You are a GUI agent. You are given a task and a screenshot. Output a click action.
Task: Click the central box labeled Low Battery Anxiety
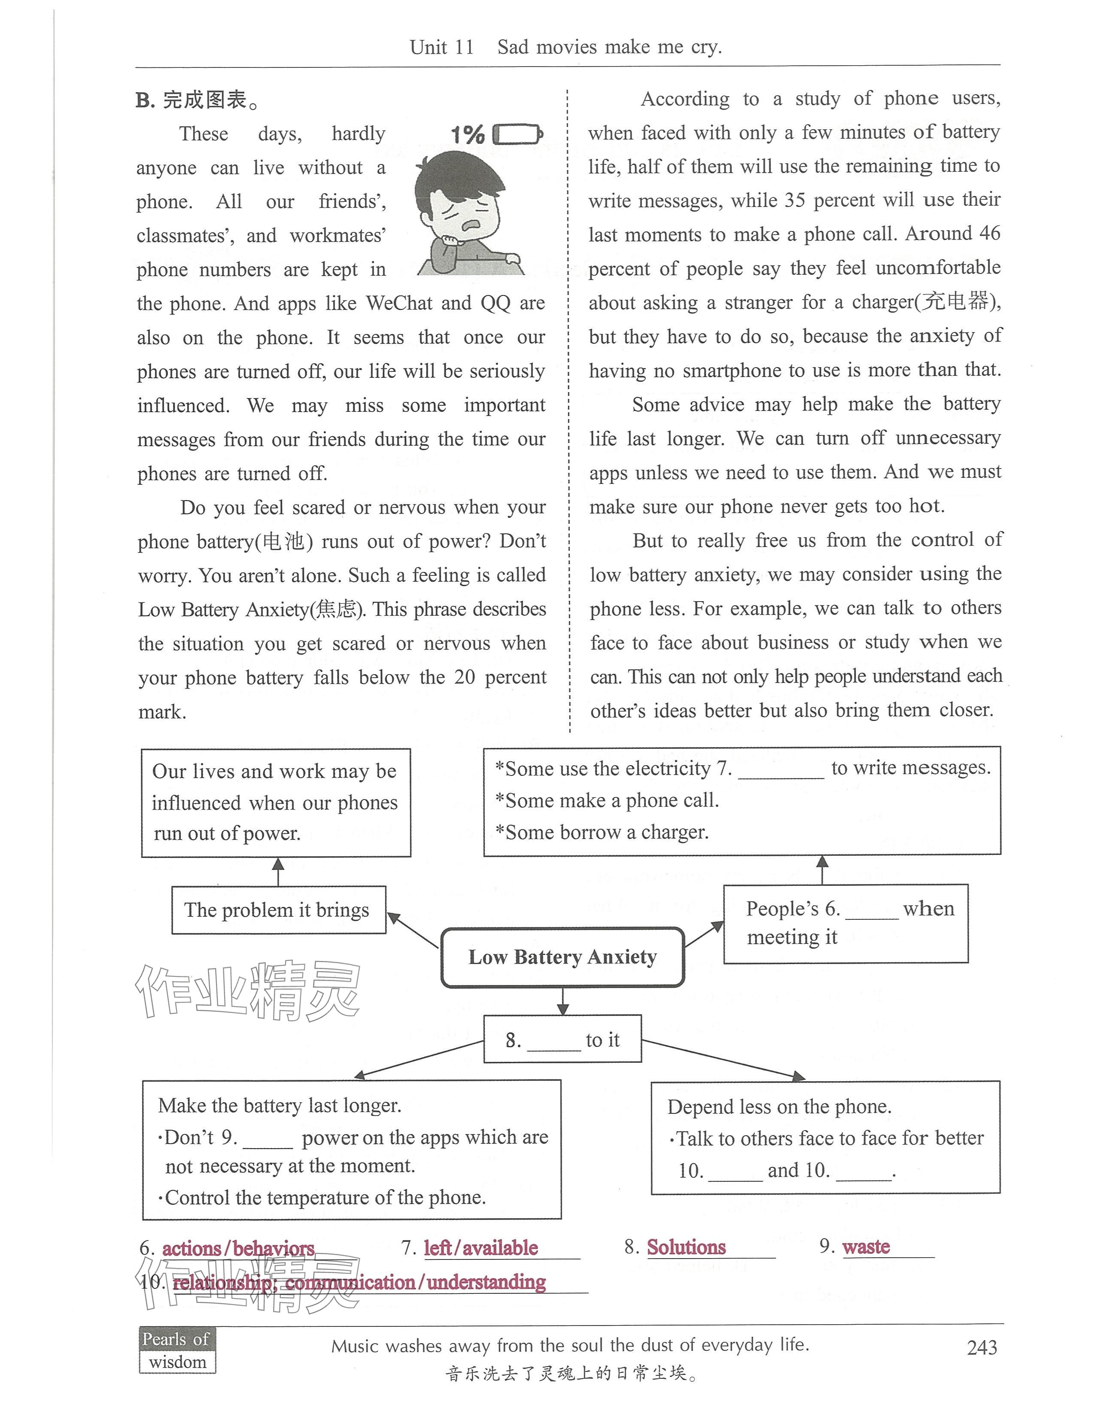563,958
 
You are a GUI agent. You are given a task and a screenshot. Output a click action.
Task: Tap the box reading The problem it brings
278,910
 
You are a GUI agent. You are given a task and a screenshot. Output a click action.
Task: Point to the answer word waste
866,1247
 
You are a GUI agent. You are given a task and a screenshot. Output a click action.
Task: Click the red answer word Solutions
686,1247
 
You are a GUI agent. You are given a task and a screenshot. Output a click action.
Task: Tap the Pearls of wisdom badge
177,1350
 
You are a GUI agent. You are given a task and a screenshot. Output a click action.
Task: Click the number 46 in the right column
989,234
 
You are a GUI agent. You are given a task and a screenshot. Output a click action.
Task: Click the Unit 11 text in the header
442,47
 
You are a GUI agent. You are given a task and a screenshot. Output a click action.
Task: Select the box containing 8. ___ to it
563,1040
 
